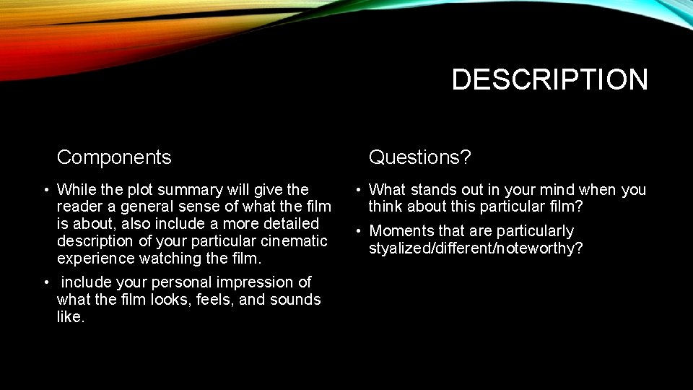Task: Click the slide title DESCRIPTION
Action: [x=549, y=79]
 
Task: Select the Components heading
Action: [x=114, y=157]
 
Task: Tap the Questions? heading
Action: [x=419, y=157]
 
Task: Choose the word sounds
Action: [x=297, y=299]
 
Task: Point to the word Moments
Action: [x=400, y=231]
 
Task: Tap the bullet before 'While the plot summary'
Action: [x=45, y=191]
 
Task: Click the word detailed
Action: [x=292, y=224]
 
